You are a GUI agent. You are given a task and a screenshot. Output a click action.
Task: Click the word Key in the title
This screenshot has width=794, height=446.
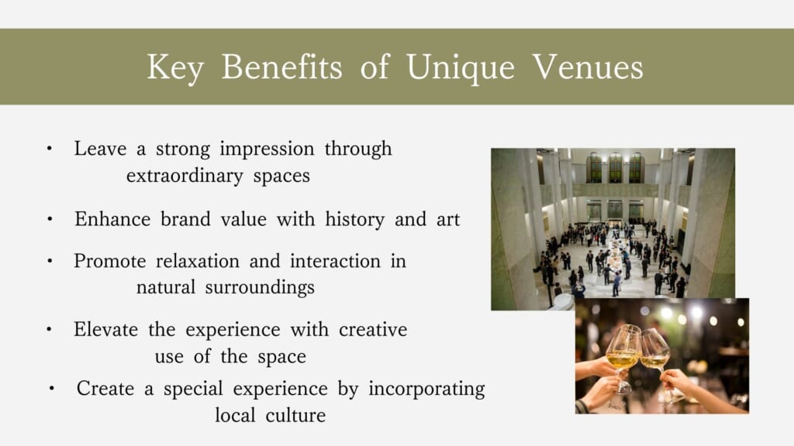coord(175,68)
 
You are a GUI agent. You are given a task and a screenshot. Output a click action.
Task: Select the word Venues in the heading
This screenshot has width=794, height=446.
coord(588,67)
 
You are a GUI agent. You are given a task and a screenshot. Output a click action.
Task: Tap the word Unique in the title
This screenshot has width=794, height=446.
coord(461,68)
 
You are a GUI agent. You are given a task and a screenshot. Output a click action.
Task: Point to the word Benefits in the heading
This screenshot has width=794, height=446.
coord(281,67)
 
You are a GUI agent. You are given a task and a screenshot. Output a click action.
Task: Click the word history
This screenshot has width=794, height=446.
coord(354,220)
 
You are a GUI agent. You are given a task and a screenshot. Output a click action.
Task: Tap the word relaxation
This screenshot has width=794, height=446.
coord(198,261)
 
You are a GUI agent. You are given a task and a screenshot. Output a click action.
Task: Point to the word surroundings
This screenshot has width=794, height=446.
coord(260,288)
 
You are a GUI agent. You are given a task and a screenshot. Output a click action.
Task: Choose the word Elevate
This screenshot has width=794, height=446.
coord(105,330)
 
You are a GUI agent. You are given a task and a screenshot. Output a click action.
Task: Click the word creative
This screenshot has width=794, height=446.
coord(373,330)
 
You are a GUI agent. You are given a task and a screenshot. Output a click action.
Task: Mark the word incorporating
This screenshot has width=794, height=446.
coord(426,389)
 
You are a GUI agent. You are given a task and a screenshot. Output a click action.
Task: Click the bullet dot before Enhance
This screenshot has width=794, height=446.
coord(50,219)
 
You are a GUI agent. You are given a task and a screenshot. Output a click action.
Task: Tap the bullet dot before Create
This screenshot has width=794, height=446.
coord(52,389)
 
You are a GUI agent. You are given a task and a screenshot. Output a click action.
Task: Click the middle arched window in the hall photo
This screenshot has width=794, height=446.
coord(615,167)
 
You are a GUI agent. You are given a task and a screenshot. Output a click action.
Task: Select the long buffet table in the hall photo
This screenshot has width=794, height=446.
coord(614,258)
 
